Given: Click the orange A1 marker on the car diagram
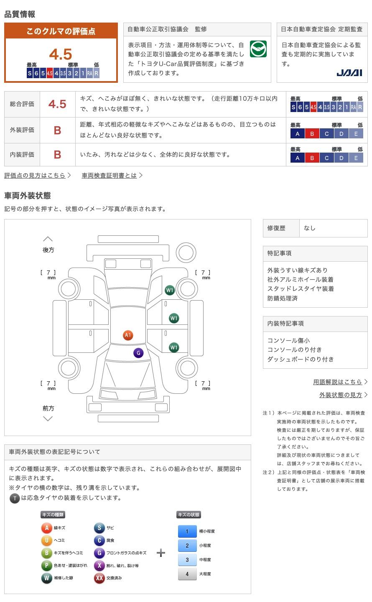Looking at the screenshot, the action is [128, 335].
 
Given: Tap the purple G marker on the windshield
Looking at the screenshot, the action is [138, 353].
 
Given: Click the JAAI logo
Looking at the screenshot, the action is [349, 73].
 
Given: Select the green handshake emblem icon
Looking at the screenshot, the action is [258, 49].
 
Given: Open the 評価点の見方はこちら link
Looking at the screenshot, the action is [35, 176].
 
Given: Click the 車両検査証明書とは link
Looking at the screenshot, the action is [109, 176].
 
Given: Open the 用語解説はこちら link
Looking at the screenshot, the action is [337, 382].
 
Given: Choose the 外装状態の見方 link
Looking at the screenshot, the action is [341, 395].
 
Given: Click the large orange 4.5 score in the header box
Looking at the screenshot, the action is [61, 54].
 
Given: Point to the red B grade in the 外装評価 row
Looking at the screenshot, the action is [58, 130].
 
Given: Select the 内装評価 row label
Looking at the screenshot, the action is [22, 155].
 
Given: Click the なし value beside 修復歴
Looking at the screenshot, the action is [309, 228].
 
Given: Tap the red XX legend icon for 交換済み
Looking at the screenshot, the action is [99, 578].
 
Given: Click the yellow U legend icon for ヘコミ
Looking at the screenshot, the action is [46, 540].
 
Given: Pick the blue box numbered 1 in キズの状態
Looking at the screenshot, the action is [187, 531].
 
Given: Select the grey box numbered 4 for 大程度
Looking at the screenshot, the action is [187, 574].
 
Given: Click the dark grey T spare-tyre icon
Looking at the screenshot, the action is [15, 498].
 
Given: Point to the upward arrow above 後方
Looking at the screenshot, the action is [48, 239].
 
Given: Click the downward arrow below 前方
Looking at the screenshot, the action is [48, 419].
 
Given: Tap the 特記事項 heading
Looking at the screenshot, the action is [279, 253].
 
